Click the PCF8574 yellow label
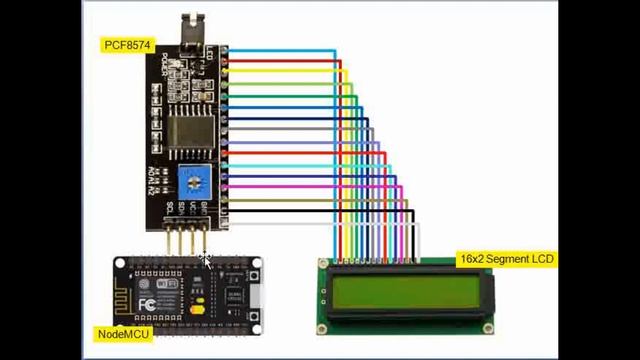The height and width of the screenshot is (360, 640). click(126, 45)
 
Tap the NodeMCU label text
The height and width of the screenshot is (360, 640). click(123, 333)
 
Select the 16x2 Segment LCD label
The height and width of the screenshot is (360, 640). click(505, 259)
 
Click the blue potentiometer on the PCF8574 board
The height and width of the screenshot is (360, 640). click(193, 181)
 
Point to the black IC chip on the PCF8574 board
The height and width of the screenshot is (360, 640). click(190, 133)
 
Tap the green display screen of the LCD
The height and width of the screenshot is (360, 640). click(404, 292)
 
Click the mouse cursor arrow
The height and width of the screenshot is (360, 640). click(205, 260)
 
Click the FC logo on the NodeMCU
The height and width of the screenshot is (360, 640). click(145, 303)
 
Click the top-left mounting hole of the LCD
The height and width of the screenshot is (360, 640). click(323, 265)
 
